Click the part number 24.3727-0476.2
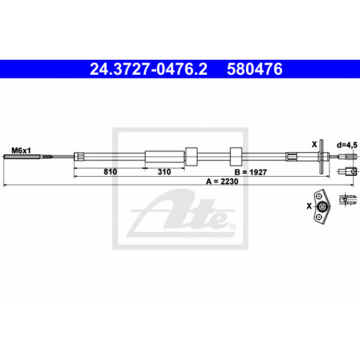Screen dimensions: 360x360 point(148,69)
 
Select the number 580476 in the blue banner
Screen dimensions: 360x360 point(255,69)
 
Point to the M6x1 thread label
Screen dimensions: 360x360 point(22,151)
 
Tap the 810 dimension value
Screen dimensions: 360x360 point(110,172)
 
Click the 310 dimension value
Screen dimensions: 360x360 point(164,172)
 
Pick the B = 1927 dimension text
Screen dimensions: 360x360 point(251,172)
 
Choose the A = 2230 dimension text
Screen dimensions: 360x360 point(222,182)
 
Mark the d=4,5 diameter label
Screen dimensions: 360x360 point(347,145)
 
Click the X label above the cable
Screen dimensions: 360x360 point(315,144)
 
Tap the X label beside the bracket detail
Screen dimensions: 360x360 point(309,205)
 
